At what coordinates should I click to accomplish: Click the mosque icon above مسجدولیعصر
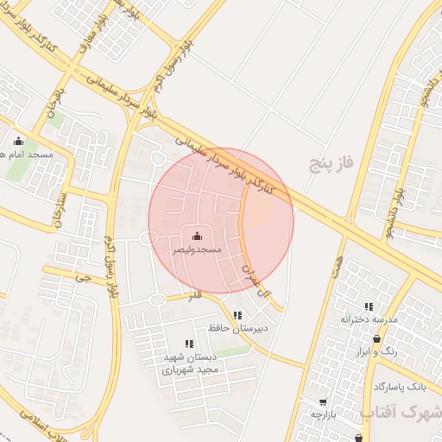(x=197, y=236)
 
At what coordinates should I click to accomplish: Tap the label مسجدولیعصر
(x=196, y=249)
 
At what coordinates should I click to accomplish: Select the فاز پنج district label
(x=332, y=161)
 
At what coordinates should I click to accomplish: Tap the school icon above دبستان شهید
(x=189, y=344)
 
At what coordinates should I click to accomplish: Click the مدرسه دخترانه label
(x=369, y=319)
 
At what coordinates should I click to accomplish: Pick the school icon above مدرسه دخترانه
(x=369, y=306)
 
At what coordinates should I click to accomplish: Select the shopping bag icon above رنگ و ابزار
(x=376, y=338)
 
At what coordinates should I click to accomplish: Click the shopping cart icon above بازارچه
(x=323, y=401)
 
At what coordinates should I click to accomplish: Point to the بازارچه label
(x=322, y=414)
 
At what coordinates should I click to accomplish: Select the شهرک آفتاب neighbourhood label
(x=401, y=412)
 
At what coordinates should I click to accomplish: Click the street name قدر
(x=196, y=294)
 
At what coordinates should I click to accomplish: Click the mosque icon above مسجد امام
(x=18, y=142)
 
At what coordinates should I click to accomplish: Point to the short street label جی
(x=83, y=278)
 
